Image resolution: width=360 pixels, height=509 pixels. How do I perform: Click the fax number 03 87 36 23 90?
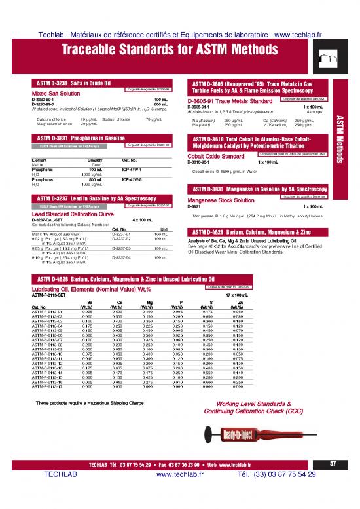click(177, 483)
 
